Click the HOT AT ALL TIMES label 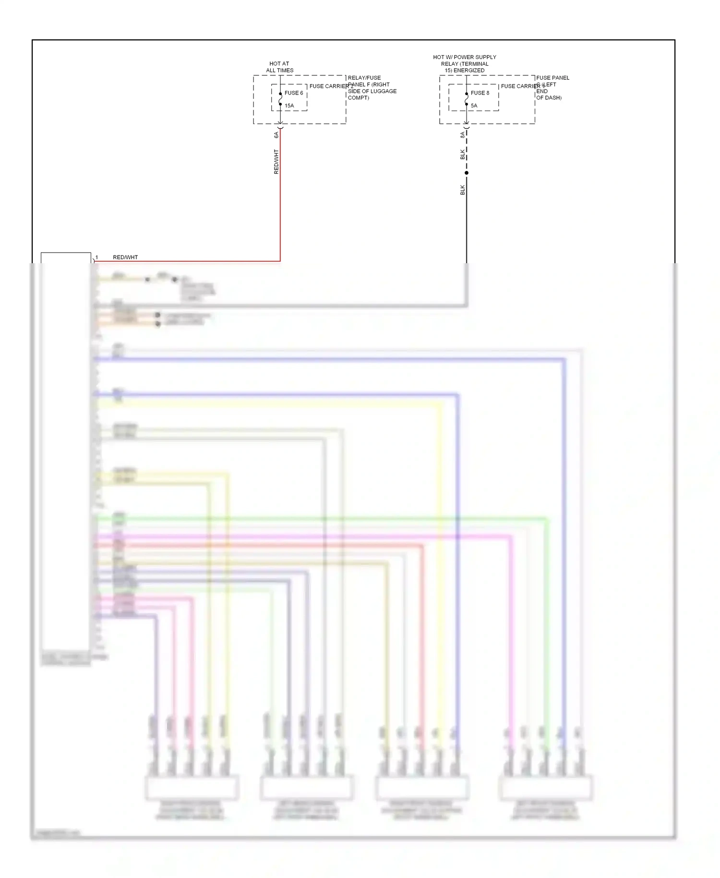coord(279,67)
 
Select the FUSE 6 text coord(294,93)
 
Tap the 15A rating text coord(289,106)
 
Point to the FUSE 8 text coord(480,93)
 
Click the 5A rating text coord(474,106)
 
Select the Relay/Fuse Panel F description coord(372,87)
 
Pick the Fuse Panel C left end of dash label coord(552,87)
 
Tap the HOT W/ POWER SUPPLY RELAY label coord(465,63)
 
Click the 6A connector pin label coord(276,135)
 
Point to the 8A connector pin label coord(462,135)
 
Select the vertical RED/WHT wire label coord(276,161)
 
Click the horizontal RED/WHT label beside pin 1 coord(125,257)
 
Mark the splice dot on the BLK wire coord(467,173)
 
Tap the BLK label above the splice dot coord(462,154)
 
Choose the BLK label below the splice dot coord(462,190)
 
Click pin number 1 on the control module coord(96,257)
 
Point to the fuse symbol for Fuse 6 coord(280,99)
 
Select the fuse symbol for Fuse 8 coord(467,99)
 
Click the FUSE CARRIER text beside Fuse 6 coord(329,86)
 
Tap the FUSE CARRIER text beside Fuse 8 coord(520,86)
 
